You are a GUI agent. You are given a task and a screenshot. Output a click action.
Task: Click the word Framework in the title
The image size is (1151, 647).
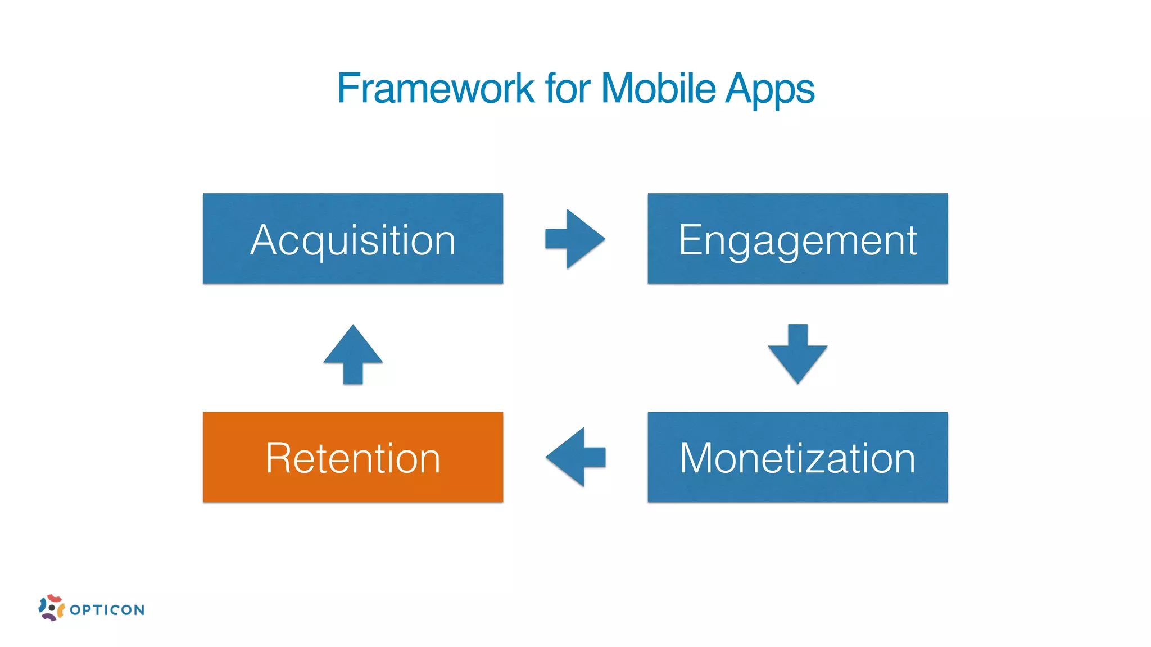click(436, 89)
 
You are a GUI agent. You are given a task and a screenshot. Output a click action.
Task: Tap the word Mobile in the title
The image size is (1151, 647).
click(658, 89)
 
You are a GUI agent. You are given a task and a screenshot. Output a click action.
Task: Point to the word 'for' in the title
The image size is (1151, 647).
click(568, 89)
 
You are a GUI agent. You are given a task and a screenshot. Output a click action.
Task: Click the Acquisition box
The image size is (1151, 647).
click(353, 239)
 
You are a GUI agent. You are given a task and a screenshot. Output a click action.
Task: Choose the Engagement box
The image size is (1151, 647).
click(797, 239)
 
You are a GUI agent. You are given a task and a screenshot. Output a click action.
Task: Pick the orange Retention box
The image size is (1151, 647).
click(353, 457)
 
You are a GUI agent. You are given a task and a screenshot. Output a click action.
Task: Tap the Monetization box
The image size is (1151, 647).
click(797, 457)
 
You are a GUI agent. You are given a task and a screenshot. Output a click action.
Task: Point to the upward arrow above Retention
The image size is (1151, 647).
click(353, 354)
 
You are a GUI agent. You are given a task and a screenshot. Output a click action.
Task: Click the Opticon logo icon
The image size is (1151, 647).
click(51, 608)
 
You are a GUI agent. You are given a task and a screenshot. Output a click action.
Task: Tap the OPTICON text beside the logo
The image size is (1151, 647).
click(107, 610)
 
